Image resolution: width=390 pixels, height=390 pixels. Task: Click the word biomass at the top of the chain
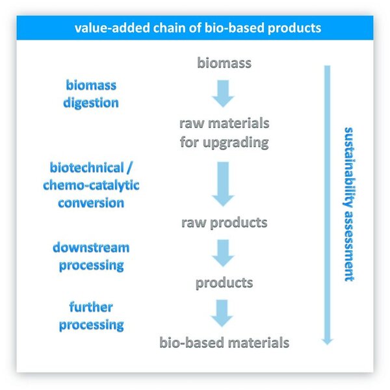coord(224,63)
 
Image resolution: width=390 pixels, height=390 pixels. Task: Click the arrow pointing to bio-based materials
coord(224,313)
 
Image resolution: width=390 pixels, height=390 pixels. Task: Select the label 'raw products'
coord(224,222)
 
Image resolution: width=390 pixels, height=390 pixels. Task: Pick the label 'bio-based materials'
coord(224,341)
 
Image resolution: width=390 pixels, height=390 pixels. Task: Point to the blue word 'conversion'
coord(92,202)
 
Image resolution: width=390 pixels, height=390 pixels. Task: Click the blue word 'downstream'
coord(92,248)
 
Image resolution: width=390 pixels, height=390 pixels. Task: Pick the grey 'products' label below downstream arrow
coord(224,283)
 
